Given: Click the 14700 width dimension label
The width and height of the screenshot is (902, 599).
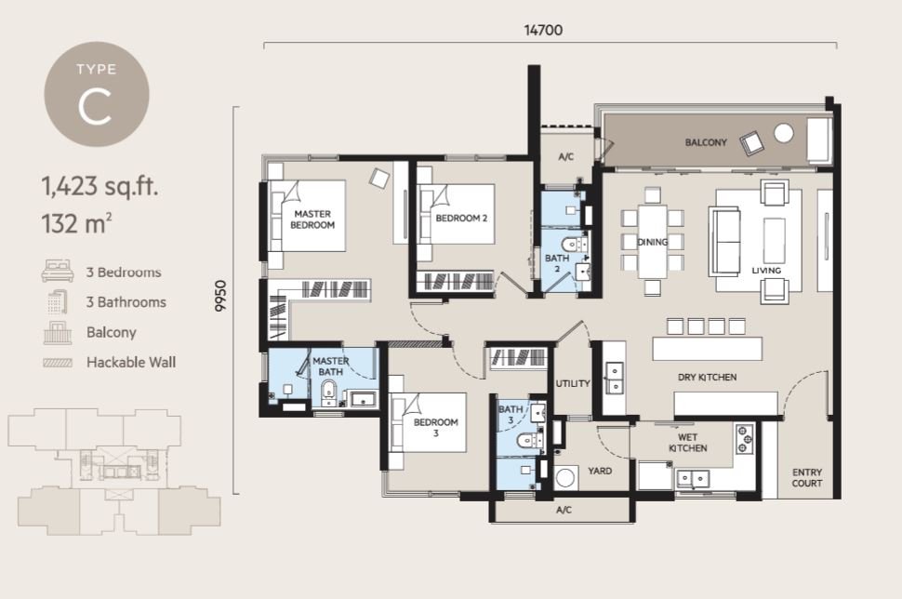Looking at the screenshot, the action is click(x=543, y=30).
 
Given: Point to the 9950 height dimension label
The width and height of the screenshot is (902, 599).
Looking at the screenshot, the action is click(x=221, y=297).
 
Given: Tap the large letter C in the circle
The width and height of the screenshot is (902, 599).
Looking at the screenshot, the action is click(x=95, y=107).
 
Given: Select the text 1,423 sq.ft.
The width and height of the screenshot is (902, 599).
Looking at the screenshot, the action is click(x=99, y=187).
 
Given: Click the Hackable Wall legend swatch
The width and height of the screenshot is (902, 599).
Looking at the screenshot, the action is click(x=58, y=363).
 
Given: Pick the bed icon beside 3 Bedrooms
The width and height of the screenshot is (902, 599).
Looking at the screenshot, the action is click(x=58, y=271).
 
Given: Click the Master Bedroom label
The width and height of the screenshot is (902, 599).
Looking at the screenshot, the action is click(x=312, y=220).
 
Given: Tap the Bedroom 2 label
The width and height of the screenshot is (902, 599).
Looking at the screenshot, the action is click(x=461, y=218).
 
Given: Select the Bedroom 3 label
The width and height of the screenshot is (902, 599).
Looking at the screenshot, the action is click(x=435, y=427).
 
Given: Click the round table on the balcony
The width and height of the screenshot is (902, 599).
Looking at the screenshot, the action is click(x=784, y=133).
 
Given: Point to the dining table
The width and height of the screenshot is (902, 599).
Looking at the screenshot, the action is click(x=653, y=242).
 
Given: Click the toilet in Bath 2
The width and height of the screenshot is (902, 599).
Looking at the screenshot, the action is click(x=574, y=244).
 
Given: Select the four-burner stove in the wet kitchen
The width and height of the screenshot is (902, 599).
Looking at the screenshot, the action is click(x=744, y=440).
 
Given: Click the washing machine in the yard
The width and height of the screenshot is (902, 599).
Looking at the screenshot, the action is click(x=566, y=478).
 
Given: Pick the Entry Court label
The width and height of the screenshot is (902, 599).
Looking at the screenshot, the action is click(x=806, y=477).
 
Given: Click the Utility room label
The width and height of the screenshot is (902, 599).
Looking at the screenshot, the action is click(x=573, y=383).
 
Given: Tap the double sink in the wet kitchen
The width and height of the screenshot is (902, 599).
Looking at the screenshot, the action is click(x=693, y=478).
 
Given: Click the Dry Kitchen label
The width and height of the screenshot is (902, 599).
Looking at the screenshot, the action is click(x=707, y=378).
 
